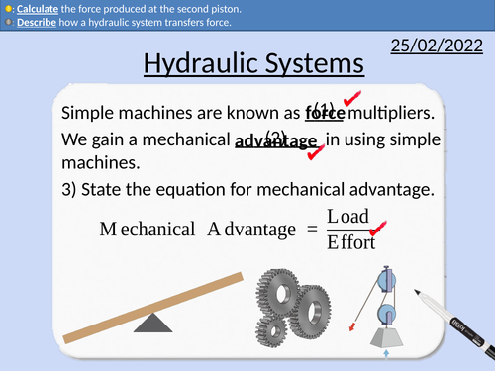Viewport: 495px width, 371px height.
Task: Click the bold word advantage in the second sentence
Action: click(x=276, y=140)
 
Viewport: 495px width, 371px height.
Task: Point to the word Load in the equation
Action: click(x=347, y=216)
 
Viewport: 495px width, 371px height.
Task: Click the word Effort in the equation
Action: click(x=350, y=241)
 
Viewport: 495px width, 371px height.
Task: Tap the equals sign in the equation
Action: click(x=310, y=230)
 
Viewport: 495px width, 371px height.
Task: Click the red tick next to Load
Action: click(x=377, y=228)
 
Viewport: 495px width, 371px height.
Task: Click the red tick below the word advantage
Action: click(x=315, y=153)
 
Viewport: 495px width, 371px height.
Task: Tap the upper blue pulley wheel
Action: click(x=386, y=280)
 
